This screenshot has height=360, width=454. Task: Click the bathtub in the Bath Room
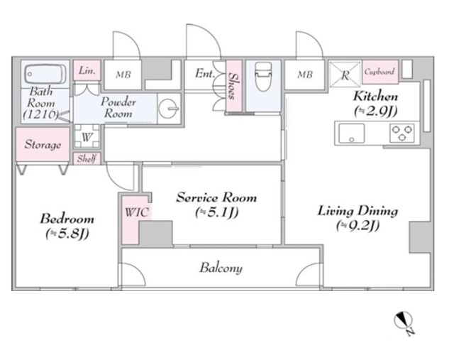click(45, 74)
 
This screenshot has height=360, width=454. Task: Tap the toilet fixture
click(263, 77)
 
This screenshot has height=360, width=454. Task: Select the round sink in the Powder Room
click(169, 109)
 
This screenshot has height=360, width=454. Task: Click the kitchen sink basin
click(352, 133)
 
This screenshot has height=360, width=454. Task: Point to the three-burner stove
click(402, 133)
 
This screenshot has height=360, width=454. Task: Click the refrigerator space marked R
click(345, 75)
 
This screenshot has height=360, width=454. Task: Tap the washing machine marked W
click(87, 136)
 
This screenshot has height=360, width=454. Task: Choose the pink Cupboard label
click(380, 71)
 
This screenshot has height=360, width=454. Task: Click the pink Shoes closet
click(233, 85)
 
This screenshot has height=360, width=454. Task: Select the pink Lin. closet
click(87, 70)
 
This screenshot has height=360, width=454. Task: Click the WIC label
click(137, 212)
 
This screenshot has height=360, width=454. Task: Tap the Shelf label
click(87, 158)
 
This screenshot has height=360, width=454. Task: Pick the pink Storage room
click(43, 144)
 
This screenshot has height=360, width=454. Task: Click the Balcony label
click(221, 268)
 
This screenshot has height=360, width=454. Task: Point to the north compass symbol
click(404, 322)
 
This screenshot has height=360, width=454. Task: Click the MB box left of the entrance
click(123, 75)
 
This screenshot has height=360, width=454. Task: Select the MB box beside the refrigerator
click(305, 75)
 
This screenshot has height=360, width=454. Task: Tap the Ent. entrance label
click(205, 73)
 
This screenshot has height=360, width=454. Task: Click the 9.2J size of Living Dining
click(358, 225)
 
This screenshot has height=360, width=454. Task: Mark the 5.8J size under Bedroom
click(67, 234)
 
